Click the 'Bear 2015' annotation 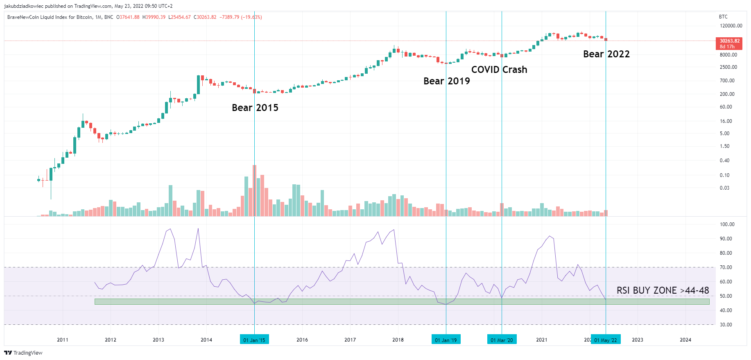pyautogui.click(x=255, y=108)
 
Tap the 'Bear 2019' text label pyautogui.click(x=446, y=81)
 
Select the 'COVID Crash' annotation pyautogui.click(x=499, y=70)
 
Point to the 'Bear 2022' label pyautogui.click(x=606, y=54)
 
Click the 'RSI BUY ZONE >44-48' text pyautogui.click(x=663, y=290)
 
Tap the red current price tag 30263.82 pyautogui.click(x=729, y=43)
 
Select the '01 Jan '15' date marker pyautogui.click(x=254, y=340)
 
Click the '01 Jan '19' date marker pyautogui.click(x=446, y=340)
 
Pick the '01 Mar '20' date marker pyautogui.click(x=502, y=340)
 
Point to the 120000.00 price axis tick pyautogui.click(x=731, y=26)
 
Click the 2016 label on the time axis pyautogui.click(x=302, y=340)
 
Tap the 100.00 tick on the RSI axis pyautogui.click(x=727, y=224)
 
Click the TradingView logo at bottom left pyautogui.click(x=23, y=353)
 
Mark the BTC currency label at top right pyautogui.click(x=723, y=17)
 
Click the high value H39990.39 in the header pyautogui.click(x=154, y=17)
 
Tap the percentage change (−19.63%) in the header pyautogui.click(x=251, y=17)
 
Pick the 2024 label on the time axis pyautogui.click(x=685, y=340)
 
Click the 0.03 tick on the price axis pyautogui.click(x=724, y=188)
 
